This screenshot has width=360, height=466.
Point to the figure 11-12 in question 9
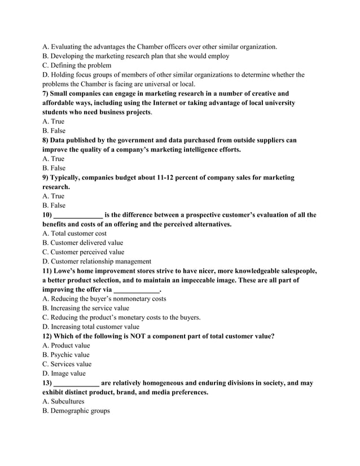pos(171,177)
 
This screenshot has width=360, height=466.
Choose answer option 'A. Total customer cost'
pos(74,233)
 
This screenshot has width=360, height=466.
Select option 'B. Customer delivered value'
pos(82,243)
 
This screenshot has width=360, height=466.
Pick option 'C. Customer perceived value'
pos(84,252)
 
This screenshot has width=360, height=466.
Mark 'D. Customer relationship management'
pos(96,261)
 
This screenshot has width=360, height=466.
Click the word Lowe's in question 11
pos(70,270)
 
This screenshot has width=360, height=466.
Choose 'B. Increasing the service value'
pos(86,308)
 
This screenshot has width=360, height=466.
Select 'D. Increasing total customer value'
pos(91,327)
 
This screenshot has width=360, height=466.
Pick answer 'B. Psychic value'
pos(66,354)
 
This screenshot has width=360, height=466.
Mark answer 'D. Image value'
pos(64,373)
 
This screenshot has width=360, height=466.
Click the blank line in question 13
pos(76,383)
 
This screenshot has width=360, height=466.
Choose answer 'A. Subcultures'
pos(63,401)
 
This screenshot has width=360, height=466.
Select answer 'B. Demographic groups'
pos(76,411)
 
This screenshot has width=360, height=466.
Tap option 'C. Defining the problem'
pos(77,65)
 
